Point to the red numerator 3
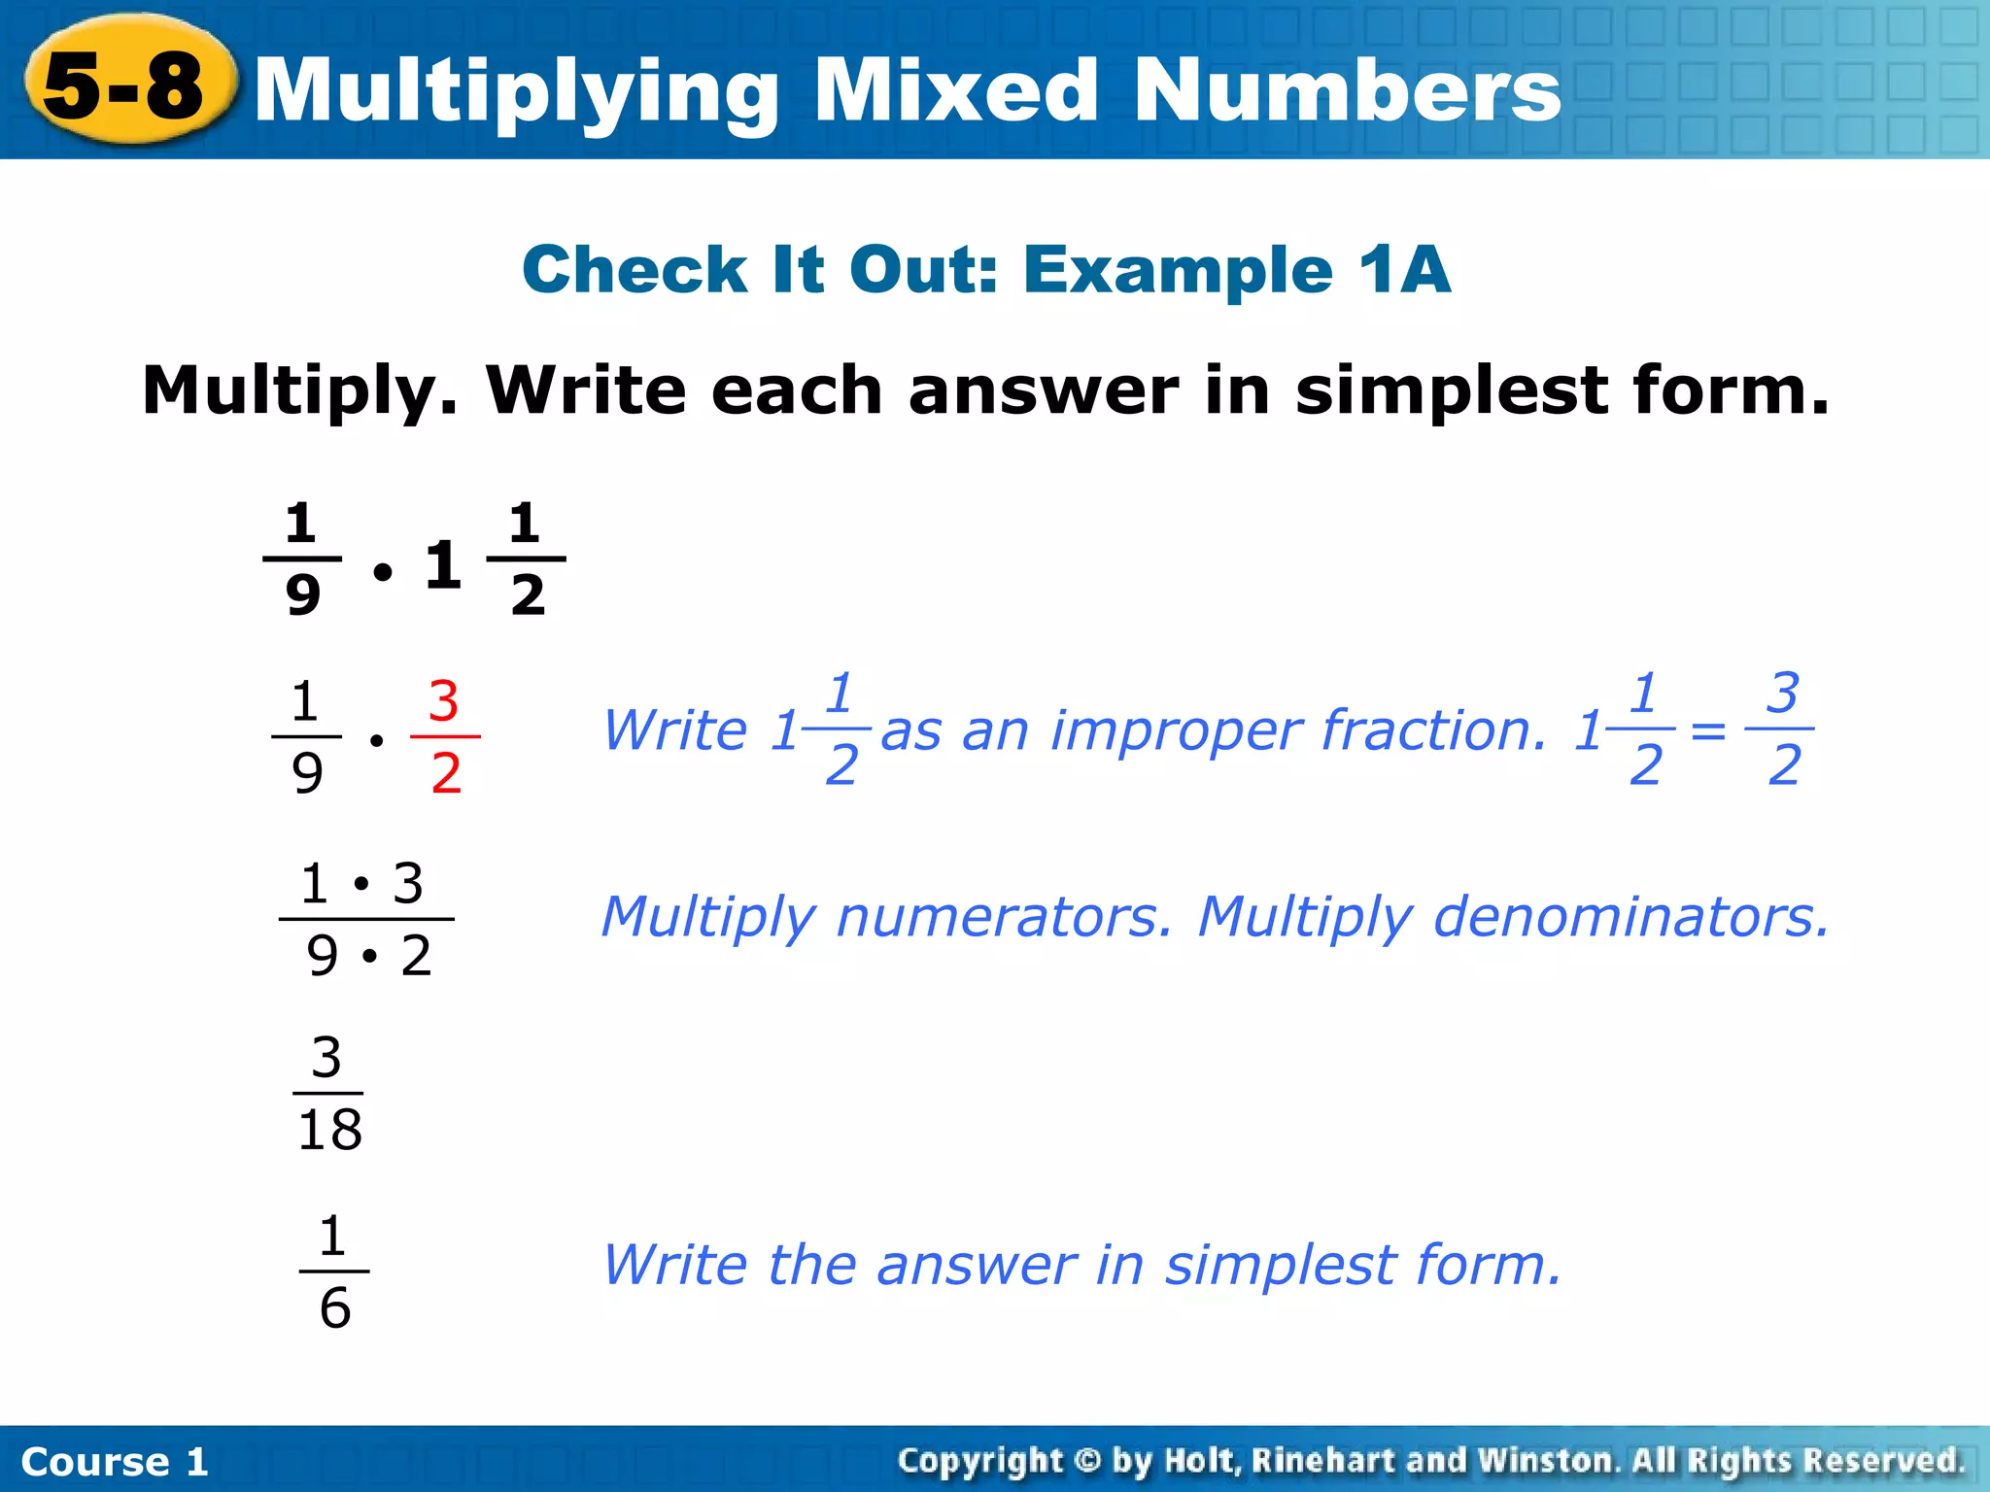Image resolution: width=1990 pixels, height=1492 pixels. point(443,700)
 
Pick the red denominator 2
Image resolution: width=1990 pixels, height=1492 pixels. point(445,774)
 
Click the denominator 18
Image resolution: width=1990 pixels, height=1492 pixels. point(329,1130)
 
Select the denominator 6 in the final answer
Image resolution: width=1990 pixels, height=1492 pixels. point(334,1307)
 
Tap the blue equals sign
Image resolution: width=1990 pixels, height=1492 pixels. point(1708,729)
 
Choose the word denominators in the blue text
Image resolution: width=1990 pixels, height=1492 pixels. point(1631,916)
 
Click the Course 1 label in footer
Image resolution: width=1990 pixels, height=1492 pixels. point(115,1461)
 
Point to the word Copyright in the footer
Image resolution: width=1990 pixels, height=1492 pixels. point(980,1460)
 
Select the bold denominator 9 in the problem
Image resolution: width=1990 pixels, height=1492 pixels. point(302,594)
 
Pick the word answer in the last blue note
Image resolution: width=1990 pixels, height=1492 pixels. point(977,1265)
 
